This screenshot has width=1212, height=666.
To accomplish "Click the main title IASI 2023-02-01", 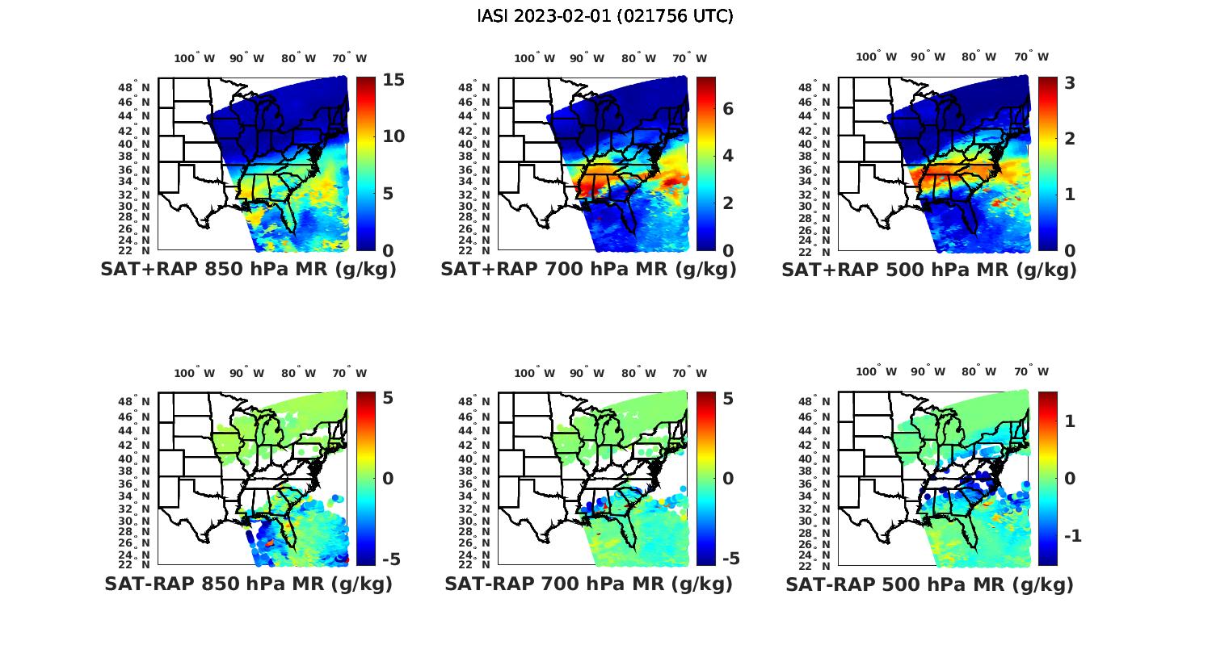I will click(x=605, y=15).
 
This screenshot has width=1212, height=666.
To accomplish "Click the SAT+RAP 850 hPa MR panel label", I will click(x=249, y=270).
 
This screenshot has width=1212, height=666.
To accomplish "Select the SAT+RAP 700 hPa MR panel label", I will click(x=589, y=270).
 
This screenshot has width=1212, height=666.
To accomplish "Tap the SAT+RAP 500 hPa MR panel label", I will click(x=929, y=270).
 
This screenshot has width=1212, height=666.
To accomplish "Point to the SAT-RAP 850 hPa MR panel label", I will click(x=249, y=584).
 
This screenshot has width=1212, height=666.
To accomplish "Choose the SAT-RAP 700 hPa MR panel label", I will click(x=589, y=584).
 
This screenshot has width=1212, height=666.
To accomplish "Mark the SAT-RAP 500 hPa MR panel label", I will click(x=929, y=584).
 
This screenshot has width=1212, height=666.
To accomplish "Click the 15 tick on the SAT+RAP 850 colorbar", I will click(x=393, y=80).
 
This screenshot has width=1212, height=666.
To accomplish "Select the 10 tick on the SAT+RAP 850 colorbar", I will click(x=393, y=136).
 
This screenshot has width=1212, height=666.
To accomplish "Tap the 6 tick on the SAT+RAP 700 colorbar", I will click(x=728, y=108).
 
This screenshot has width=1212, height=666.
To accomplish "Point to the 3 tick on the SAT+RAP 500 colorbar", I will click(x=1070, y=83).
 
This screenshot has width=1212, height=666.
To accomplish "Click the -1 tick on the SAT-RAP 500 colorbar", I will click(x=1070, y=536).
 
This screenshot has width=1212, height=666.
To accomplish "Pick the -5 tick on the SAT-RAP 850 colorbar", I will click(x=390, y=559).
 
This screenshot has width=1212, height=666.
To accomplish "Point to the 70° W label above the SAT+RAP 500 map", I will click(x=1031, y=57).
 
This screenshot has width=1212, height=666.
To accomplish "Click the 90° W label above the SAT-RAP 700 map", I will click(x=587, y=373).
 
